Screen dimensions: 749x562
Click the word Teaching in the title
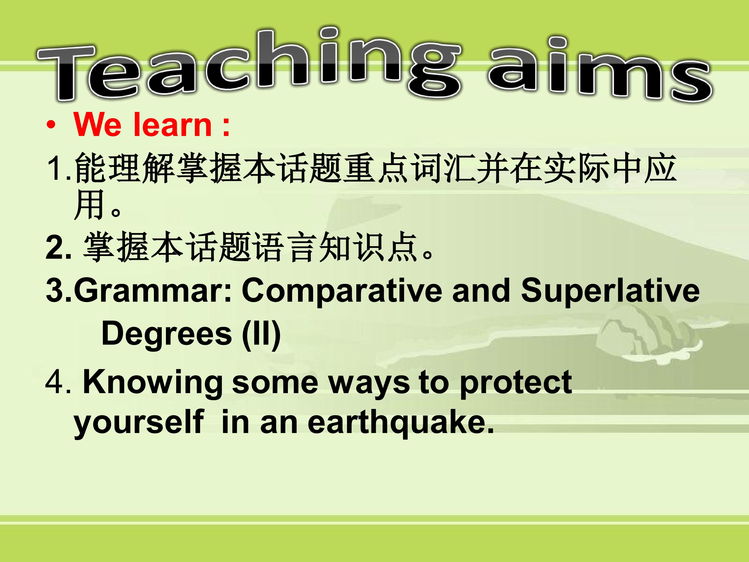(249, 64)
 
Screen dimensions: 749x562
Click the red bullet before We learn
(51, 126)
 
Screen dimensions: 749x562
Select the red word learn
(173, 125)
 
